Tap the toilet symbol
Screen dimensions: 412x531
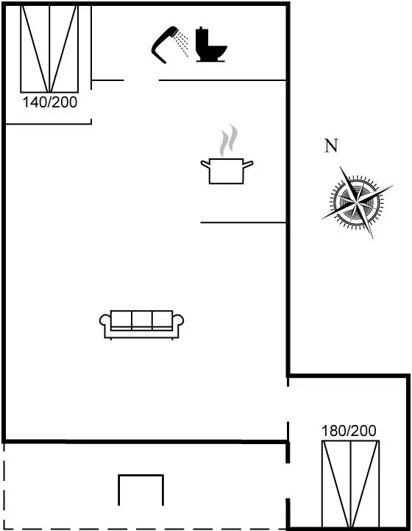coord(210,45)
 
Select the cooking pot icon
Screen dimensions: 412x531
coord(227,171)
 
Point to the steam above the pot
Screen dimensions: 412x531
coord(228,140)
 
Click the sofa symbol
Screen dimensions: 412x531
coord(141,325)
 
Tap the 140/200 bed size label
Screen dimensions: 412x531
coord(50,102)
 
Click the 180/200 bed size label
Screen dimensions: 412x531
coord(349,431)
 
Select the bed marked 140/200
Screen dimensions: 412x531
coord(49,49)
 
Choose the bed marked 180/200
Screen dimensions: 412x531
coord(350,484)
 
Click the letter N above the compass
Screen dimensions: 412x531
coord(331,146)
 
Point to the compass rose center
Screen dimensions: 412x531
coord(357,203)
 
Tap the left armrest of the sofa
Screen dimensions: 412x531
coord(105,320)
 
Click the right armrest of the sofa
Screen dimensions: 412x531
coord(178,320)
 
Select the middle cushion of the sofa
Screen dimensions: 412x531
coord(142,320)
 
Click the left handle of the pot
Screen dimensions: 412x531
coord(206,164)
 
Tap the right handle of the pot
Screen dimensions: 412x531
coord(248,164)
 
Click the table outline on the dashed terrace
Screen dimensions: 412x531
coord(141,476)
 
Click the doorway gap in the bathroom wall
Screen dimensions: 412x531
coord(141,80)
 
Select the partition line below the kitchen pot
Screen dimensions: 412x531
coord(244,222)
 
